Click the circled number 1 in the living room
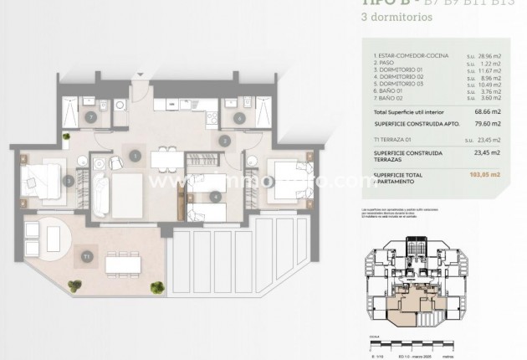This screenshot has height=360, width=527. [135, 154]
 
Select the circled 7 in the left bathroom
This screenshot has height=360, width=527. [90, 118]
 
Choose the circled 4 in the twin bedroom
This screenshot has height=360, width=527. [216, 197]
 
